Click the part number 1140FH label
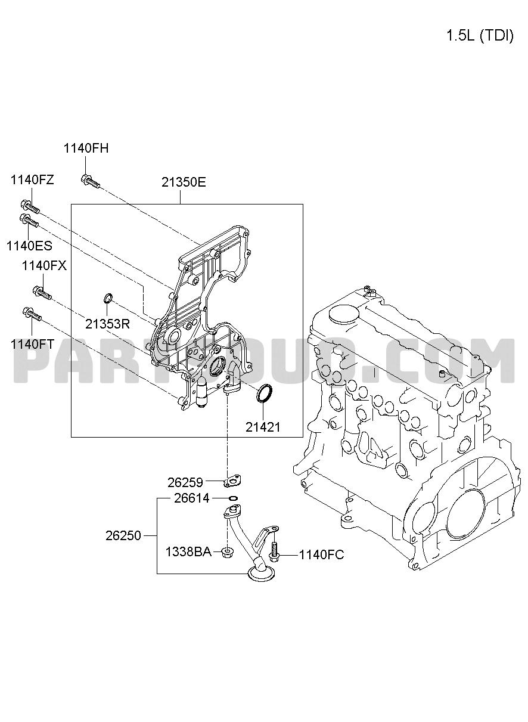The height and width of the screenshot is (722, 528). pyautogui.click(x=86, y=148)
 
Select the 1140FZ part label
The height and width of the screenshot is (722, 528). pyautogui.click(x=32, y=180)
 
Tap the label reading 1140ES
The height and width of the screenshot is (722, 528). pyautogui.click(x=29, y=246)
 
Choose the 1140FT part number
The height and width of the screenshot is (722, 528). pyautogui.click(x=32, y=344)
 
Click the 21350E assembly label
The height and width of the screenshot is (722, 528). pyautogui.click(x=184, y=182)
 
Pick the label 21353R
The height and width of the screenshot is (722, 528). pyautogui.click(x=108, y=324)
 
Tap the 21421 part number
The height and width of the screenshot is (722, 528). pyautogui.click(x=263, y=427)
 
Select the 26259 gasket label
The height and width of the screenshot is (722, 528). pyautogui.click(x=185, y=482)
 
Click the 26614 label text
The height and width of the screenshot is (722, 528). pyautogui.click(x=192, y=498)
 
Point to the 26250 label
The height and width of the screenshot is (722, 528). pyautogui.click(x=123, y=536)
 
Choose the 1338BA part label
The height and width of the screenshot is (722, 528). pyautogui.click(x=188, y=552)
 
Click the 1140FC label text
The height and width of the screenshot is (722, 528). pyautogui.click(x=321, y=554)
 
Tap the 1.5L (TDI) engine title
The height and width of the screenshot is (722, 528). pyautogui.click(x=480, y=35)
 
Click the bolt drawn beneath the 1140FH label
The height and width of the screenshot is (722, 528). pyautogui.click(x=91, y=181)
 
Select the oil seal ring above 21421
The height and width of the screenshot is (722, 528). pyautogui.click(x=264, y=393)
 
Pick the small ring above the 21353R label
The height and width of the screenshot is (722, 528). pyautogui.click(x=108, y=298)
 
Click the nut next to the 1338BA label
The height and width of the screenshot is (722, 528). pyautogui.click(x=228, y=553)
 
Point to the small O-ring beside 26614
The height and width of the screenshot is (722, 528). pyautogui.click(x=233, y=498)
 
